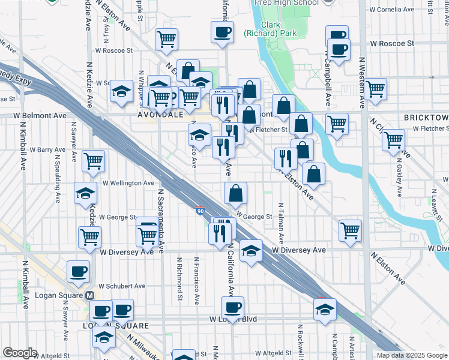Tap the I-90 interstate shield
200,211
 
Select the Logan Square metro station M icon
89,295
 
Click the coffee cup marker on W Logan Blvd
232,307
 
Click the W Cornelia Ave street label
393,10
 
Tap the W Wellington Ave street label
128,183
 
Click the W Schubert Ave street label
122,286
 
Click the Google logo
20,353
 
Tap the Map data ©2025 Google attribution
412,355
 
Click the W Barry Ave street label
47,149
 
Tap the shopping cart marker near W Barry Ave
94,160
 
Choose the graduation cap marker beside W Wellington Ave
85,193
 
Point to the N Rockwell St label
298,341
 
